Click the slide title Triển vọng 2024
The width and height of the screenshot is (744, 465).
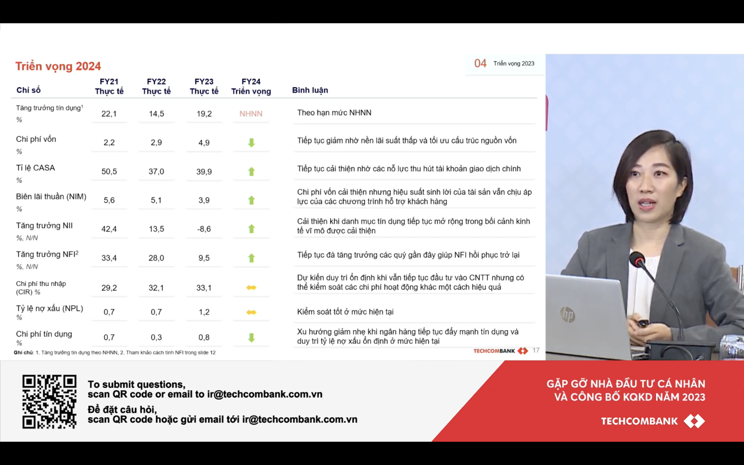58,66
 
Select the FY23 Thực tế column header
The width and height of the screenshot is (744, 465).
204,86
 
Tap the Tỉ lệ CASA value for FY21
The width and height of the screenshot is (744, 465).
109,172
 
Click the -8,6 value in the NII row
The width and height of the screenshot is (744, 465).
204,229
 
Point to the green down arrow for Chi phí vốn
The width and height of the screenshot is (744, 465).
252,143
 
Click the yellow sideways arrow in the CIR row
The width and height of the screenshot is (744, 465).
252,288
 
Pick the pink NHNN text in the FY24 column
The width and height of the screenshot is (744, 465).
251,113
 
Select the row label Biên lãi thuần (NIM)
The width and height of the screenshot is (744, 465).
51,197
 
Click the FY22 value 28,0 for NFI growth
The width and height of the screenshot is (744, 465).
156,258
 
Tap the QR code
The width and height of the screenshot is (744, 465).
49,402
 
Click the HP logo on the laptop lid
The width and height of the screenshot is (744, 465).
568,314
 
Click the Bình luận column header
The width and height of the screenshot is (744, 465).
310,90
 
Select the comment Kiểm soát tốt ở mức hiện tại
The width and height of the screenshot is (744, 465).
345,312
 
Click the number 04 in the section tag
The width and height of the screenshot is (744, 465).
480,63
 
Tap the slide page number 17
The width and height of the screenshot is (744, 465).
536,351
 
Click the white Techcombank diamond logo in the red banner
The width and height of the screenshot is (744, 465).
694,421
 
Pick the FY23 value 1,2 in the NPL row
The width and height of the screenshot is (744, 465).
204,312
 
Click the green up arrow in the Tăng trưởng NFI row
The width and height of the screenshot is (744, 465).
252,258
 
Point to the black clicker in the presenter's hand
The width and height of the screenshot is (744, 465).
643,323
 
